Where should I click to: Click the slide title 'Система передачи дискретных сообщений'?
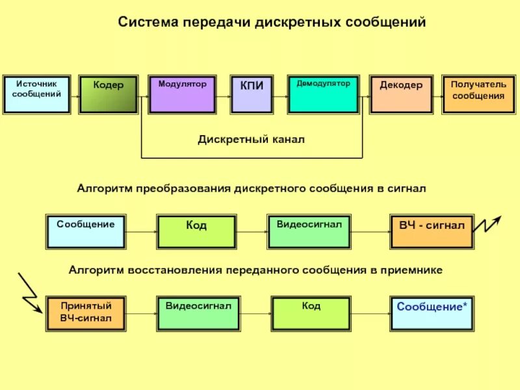coord(271,23)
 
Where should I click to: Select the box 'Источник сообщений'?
coord(37,94)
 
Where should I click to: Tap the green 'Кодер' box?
coord(109,94)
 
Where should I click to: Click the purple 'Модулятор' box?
coord(182,94)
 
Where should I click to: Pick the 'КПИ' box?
coord(252,94)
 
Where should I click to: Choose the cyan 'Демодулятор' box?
coord(323,94)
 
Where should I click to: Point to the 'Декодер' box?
coord(401,94)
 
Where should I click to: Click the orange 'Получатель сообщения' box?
coord(478,94)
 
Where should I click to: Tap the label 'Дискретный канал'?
coord(251,139)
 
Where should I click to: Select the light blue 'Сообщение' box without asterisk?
coord(86,231)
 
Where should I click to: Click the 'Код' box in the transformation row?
coord(196,231)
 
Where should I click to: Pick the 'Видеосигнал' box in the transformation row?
coord(309,231)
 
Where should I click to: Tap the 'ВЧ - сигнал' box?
coord(431,231)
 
